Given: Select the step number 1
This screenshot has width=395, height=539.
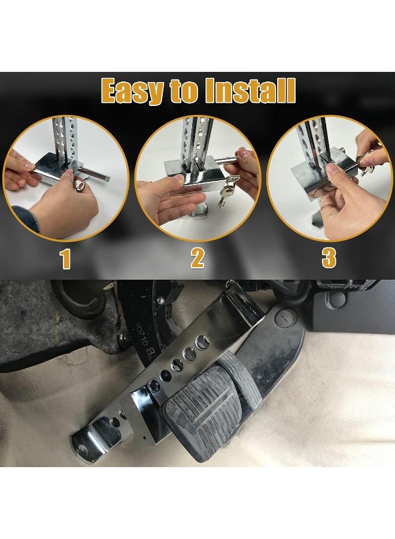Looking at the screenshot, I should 65,259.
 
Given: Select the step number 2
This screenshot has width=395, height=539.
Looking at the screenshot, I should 197,259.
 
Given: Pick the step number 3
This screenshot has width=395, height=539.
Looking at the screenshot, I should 329,259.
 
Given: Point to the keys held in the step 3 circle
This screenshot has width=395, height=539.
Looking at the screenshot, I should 366,163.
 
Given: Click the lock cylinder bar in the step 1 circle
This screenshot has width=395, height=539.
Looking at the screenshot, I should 96,176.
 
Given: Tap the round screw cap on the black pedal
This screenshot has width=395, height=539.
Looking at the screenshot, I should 285,317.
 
